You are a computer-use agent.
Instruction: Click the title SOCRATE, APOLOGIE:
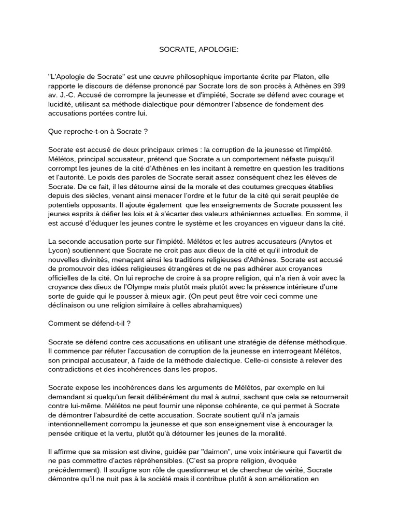(x=199, y=50)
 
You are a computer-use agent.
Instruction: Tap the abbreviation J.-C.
(x=67, y=95)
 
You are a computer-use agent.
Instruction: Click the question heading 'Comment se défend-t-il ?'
(x=89, y=324)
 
